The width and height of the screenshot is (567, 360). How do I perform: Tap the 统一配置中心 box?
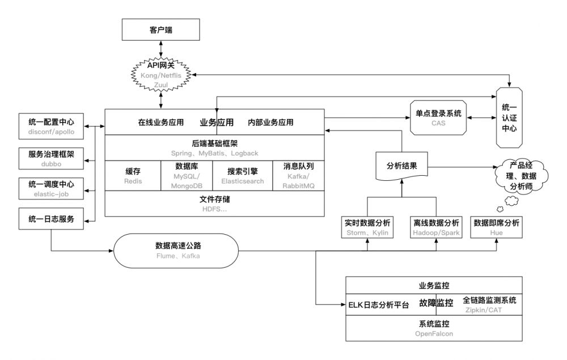click(51, 126)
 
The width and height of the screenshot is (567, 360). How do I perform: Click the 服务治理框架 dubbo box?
click(51, 158)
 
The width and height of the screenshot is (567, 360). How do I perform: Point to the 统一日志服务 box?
click(51, 219)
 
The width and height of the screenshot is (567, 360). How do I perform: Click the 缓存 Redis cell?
click(133, 176)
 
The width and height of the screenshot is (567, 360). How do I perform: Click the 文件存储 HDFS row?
click(215, 204)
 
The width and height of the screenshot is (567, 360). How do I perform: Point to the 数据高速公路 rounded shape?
click(178, 251)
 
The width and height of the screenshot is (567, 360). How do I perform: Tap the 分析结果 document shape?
click(401, 167)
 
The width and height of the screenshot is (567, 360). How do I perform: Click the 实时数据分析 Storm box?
click(368, 227)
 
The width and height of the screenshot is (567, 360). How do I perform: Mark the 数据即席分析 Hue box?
click(497, 227)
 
